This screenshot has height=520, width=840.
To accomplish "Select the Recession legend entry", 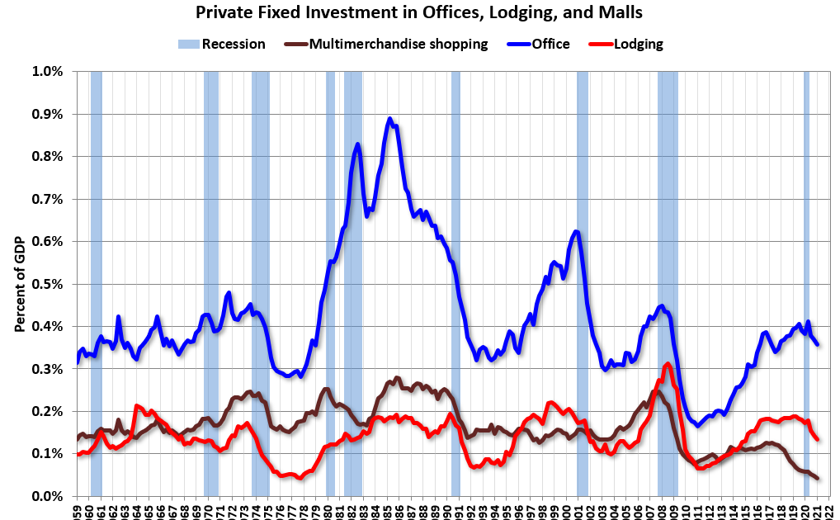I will [222, 44].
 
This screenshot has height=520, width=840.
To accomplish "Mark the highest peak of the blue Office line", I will [389, 119].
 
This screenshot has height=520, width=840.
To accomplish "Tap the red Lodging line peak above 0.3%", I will [667, 364].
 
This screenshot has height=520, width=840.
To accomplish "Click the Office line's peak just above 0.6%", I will [576, 231].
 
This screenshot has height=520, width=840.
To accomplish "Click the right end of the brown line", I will [817, 478].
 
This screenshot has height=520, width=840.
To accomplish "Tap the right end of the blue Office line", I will [817, 343].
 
